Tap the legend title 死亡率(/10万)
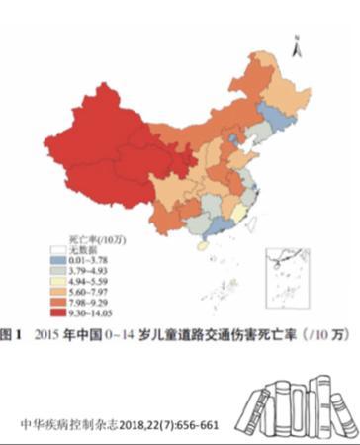pyautogui.click(x=80, y=238)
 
